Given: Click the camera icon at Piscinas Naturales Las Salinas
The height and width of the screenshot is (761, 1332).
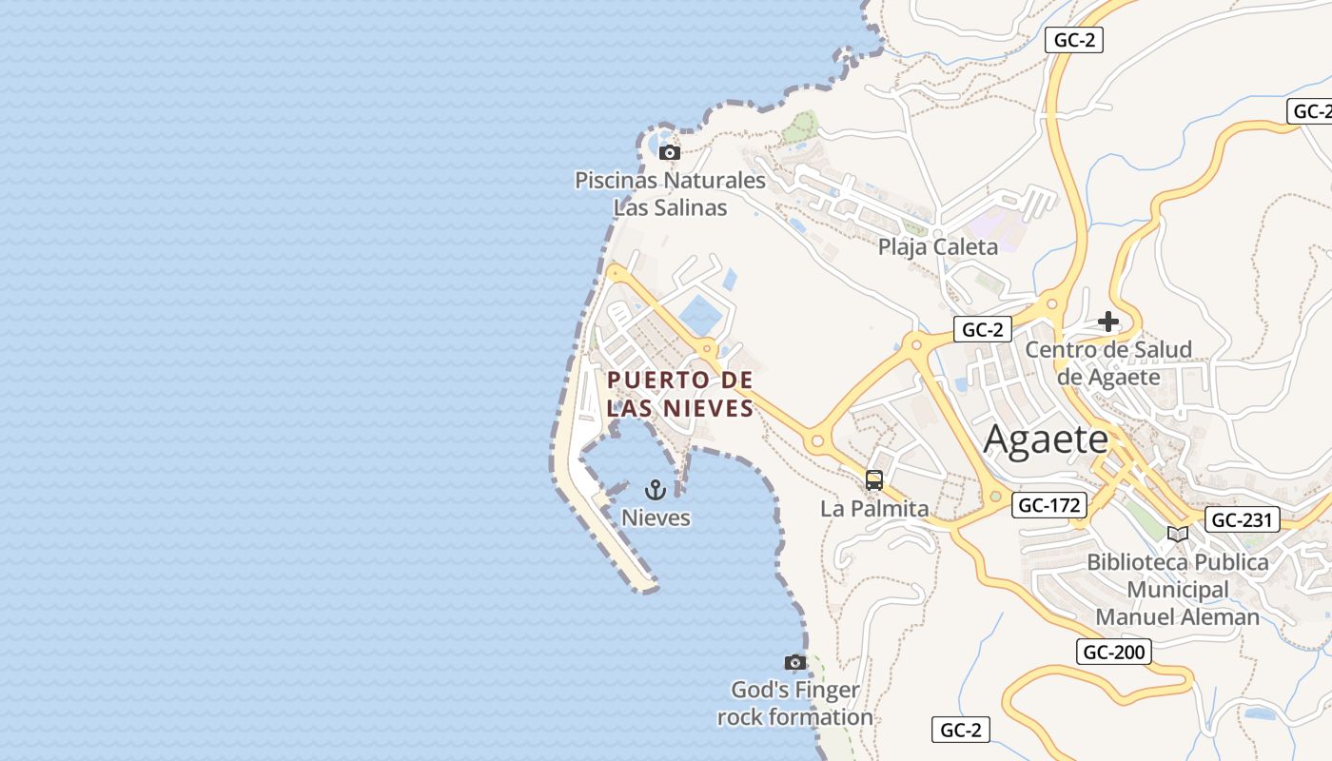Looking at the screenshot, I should pos(670,152).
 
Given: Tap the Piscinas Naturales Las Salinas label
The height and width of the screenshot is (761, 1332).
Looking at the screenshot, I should pos(670,194).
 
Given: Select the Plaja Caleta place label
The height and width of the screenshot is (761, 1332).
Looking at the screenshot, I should pos(938,247).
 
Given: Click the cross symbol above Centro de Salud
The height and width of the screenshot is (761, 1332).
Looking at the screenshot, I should pos(1108,322).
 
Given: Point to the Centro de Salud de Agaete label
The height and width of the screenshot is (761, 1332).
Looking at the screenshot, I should pos(1108,363).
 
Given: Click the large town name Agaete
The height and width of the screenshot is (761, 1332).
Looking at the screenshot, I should pos(1046,440).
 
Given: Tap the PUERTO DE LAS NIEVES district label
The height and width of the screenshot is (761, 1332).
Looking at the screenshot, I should pos(680,394).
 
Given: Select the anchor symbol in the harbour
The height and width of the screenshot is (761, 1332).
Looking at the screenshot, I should pos(655,490).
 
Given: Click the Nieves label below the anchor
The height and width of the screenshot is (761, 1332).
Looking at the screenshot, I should pos(656,518).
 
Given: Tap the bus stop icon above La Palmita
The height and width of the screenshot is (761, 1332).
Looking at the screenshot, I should pos(874,480).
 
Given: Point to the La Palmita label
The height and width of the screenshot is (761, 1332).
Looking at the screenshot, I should pos(874,509).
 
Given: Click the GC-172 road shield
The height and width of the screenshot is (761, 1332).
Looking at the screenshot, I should pos(1049,505).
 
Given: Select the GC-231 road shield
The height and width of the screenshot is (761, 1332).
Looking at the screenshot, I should pos(1243,519).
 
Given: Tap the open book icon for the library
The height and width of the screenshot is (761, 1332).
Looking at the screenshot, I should pos(1178,534).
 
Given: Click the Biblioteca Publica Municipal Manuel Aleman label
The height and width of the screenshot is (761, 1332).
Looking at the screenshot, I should pos(1178,590).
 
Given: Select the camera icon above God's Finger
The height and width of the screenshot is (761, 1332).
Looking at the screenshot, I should pos(795,662).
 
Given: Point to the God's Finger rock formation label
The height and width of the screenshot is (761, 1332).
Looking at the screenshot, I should pos(795,704).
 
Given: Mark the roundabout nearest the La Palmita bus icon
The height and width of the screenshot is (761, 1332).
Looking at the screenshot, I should pos(816,440).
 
